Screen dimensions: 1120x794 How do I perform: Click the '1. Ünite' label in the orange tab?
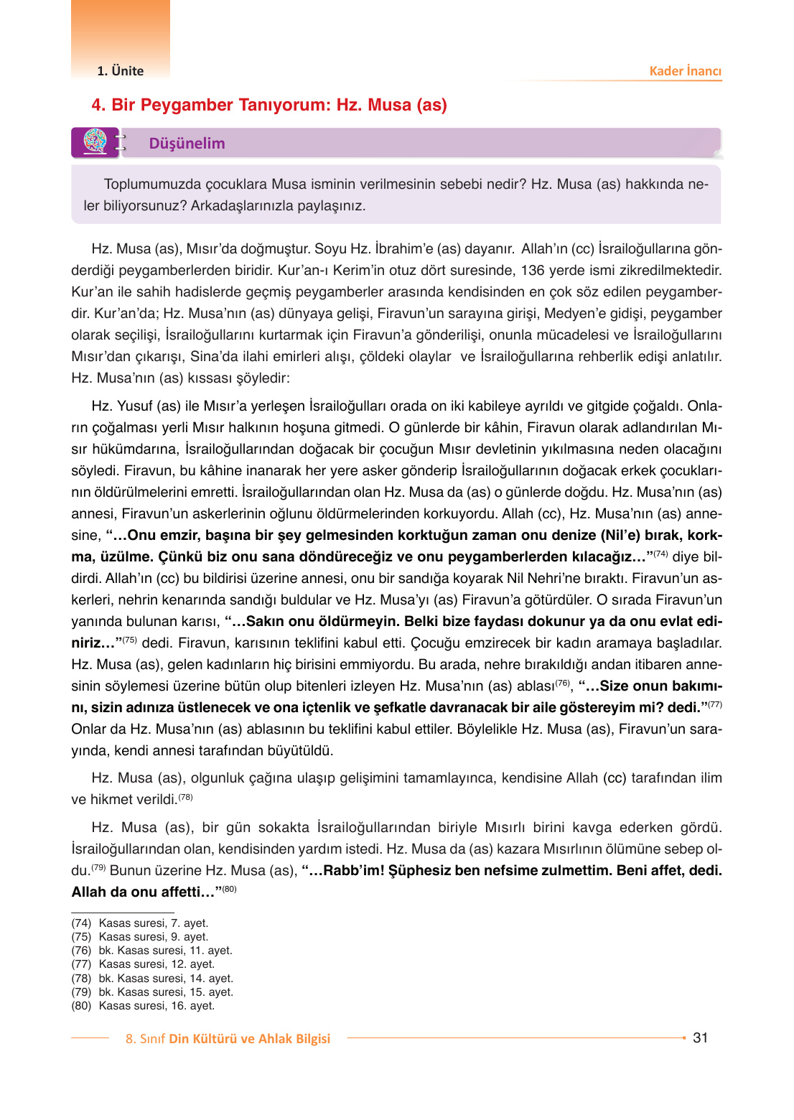[120, 71]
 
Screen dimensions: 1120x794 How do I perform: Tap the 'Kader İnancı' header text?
[685, 71]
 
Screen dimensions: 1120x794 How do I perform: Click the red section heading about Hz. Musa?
[269, 105]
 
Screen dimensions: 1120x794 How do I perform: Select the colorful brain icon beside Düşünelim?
[95, 141]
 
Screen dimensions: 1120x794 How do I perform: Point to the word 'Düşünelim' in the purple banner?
[187, 144]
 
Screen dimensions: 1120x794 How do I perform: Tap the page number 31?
[700, 1037]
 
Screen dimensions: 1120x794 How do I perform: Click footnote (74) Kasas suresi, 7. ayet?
[140, 923]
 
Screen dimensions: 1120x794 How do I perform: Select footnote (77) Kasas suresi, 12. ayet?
[143, 964]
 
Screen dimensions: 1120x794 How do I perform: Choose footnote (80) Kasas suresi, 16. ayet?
[143, 1006]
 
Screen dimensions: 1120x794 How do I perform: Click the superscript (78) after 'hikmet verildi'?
[185, 797]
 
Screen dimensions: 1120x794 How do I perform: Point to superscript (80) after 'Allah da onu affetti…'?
[229, 889]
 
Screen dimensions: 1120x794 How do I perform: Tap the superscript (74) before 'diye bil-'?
[660, 554]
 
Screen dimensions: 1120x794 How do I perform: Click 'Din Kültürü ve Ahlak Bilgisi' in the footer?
[249, 1039]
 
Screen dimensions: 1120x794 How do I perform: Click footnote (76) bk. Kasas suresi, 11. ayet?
[151, 951]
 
